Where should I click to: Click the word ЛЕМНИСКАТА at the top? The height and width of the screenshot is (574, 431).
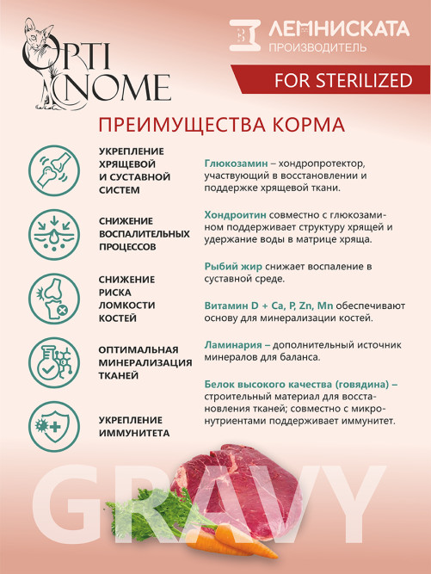pyautogui.click(x=336, y=30)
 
